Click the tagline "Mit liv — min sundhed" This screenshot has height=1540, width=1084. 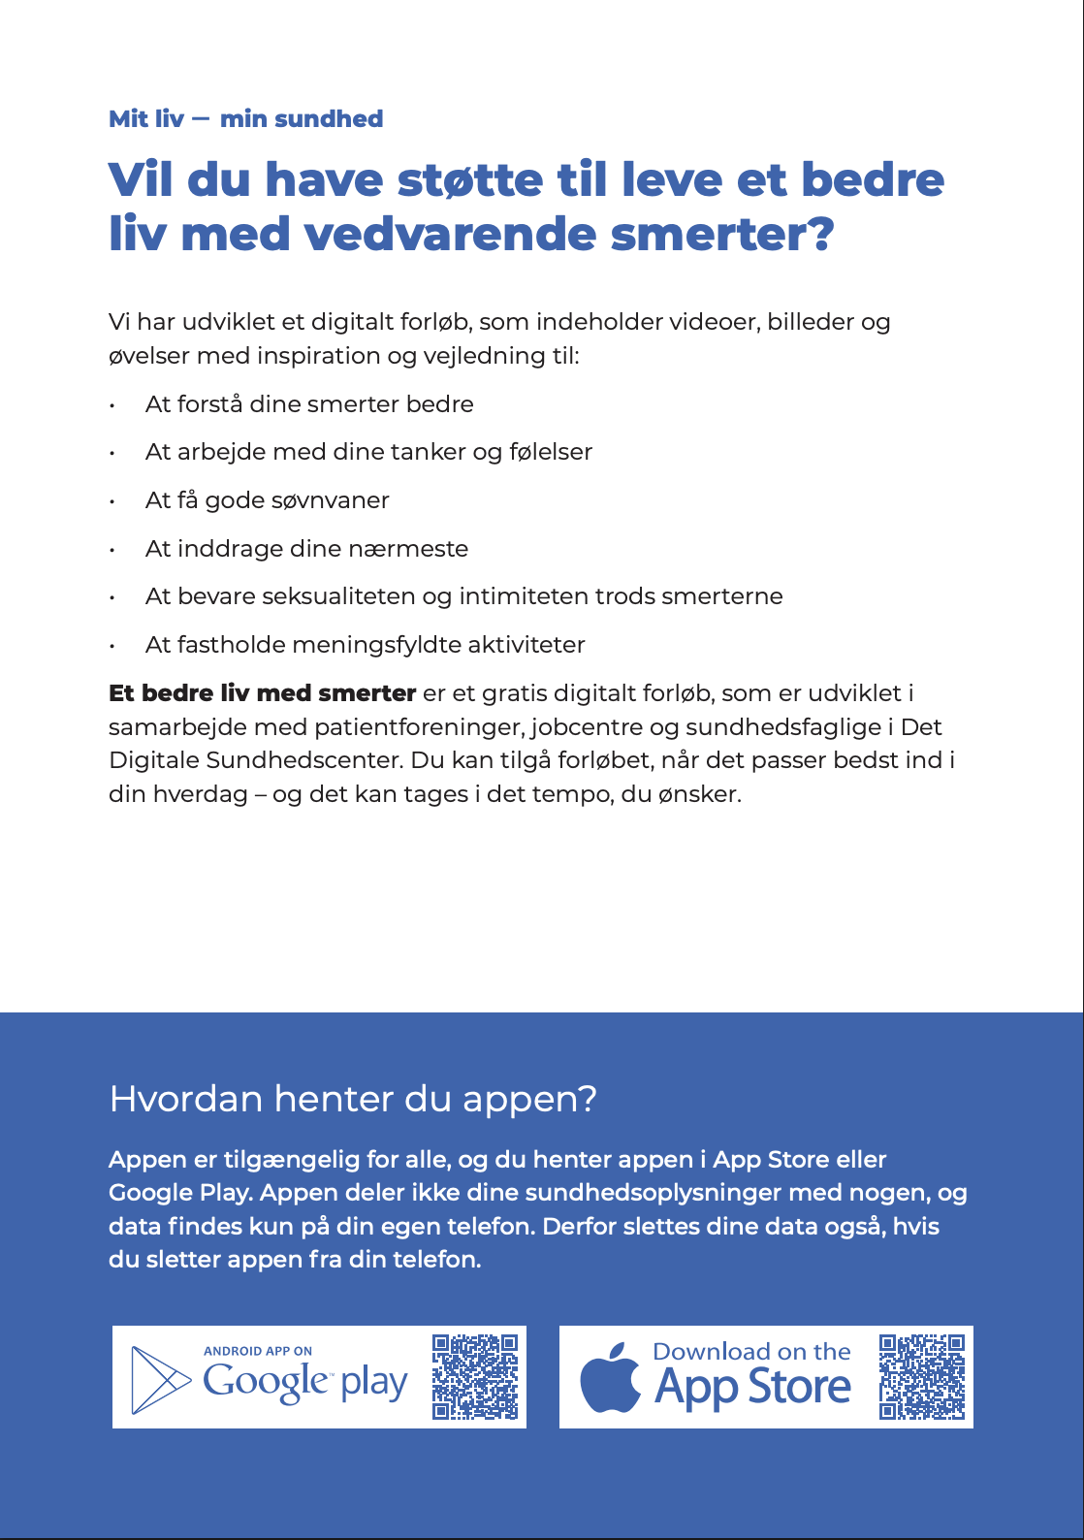245,119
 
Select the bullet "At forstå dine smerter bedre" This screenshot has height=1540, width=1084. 309,404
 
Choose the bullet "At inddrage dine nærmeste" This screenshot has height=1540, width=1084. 306,549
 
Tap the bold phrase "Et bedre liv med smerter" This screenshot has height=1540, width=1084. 263,693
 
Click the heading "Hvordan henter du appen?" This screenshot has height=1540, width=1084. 353,1099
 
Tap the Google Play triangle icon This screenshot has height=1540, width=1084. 160,1379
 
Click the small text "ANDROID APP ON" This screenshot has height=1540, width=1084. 258,1351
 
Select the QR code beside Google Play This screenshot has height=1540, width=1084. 475,1377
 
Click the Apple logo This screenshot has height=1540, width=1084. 610,1378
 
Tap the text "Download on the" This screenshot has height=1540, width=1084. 751,1352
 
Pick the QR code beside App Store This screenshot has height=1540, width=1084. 922,1377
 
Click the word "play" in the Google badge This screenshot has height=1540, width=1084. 374,1383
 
